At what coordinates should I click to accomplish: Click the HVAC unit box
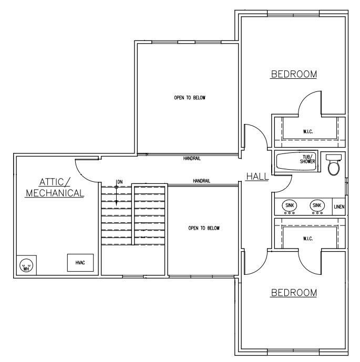coord(80,263)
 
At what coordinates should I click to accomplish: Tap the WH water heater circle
coord(26,266)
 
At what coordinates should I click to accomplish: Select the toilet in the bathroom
coord(333,164)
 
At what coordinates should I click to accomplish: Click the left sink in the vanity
coord(290,206)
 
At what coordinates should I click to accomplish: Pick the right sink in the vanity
coord(317,206)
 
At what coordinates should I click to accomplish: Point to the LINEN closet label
coord(339,207)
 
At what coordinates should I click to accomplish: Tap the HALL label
coord(256,177)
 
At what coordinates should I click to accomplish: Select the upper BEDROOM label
coord(294,75)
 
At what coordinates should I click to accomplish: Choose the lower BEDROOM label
coord(294,292)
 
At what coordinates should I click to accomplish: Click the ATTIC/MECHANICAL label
coord(55,188)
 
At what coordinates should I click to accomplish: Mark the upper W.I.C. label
coord(308,131)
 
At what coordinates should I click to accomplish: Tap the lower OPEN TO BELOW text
coord(203,228)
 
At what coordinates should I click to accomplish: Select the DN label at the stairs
coord(120,182)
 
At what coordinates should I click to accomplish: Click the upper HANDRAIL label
coord(192,158)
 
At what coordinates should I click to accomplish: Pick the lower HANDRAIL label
coord(201,181)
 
